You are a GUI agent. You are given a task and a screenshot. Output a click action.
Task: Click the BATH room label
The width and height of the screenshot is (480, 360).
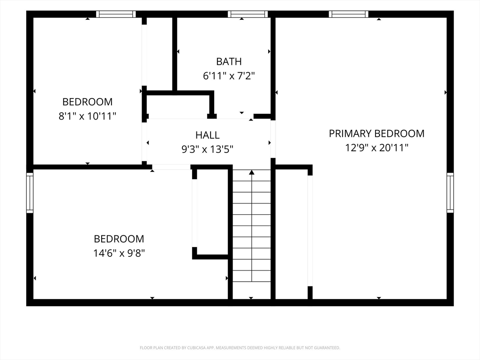229,61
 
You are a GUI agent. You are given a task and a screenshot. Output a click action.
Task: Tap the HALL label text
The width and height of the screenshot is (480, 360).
207,135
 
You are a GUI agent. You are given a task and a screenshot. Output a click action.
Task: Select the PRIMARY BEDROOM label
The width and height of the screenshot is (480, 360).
376,134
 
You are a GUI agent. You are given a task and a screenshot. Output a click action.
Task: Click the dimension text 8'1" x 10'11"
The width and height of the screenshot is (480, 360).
87,116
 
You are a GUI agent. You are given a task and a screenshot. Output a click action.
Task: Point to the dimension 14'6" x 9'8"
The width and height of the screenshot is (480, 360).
119,253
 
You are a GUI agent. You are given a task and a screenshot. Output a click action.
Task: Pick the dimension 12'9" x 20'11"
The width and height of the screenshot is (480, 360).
376,148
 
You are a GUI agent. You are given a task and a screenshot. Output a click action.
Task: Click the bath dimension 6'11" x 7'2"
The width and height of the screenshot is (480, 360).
229,75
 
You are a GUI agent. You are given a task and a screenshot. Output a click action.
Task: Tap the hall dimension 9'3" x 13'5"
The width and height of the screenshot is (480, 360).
207,150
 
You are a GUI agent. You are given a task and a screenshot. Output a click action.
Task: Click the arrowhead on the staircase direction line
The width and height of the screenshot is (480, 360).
252,172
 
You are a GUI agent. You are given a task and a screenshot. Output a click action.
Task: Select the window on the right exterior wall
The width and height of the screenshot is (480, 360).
450,193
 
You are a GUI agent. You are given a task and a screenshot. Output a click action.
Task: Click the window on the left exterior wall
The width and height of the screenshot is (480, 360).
30,193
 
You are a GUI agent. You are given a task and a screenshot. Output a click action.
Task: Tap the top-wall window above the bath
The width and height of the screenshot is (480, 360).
247,14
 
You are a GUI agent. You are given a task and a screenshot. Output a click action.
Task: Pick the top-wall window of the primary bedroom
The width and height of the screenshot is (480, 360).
349,14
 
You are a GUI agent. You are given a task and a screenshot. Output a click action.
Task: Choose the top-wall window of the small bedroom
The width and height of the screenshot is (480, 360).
116,14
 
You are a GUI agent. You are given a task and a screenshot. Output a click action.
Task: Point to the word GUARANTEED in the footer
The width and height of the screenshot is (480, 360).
328,348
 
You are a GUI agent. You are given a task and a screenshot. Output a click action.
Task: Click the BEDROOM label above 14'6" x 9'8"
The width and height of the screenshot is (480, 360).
119,239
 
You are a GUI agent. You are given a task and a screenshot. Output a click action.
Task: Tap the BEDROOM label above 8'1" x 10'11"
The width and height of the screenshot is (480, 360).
87,102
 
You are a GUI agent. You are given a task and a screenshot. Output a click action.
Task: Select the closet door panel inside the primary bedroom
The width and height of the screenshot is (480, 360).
310,231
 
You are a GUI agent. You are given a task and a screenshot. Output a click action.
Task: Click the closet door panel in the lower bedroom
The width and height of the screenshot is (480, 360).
195,213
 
